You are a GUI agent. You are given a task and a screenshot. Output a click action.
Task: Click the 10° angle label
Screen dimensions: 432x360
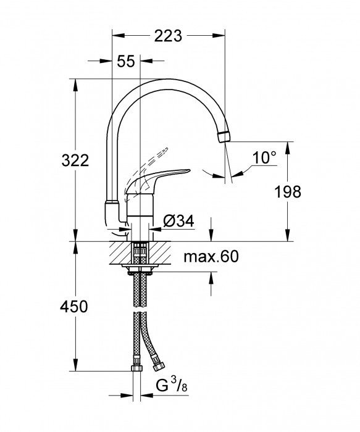pyautogui.click(x=264, y=157)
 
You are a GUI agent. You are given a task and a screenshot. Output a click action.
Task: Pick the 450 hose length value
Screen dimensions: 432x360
pyautogui.click(x=75, y=307)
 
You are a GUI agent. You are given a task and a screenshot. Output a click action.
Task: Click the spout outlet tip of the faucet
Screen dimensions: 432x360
pyautogui.click(x=224, y=136)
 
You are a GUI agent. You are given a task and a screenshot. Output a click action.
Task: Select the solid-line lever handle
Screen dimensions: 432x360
pyautogui.click(x=164, y=177)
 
